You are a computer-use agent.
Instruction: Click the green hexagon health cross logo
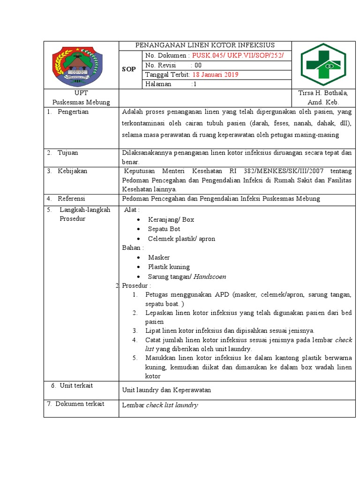coord(324,64)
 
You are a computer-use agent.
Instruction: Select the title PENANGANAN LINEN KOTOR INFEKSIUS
coord(205,45)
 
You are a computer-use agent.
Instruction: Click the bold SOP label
coord(129,69)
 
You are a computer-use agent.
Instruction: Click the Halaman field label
coord(159,84)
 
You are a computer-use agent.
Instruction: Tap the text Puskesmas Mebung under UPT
coord(81,102)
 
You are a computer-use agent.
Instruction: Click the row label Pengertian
coord(73,112)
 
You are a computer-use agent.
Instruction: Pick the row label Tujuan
coord(68,153)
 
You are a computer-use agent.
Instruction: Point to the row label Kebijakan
coord(73,171)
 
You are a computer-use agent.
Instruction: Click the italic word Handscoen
coord(210,277)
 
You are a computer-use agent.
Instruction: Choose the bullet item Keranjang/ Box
coord(171,219)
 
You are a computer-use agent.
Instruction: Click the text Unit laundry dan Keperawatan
coord(166,390)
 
